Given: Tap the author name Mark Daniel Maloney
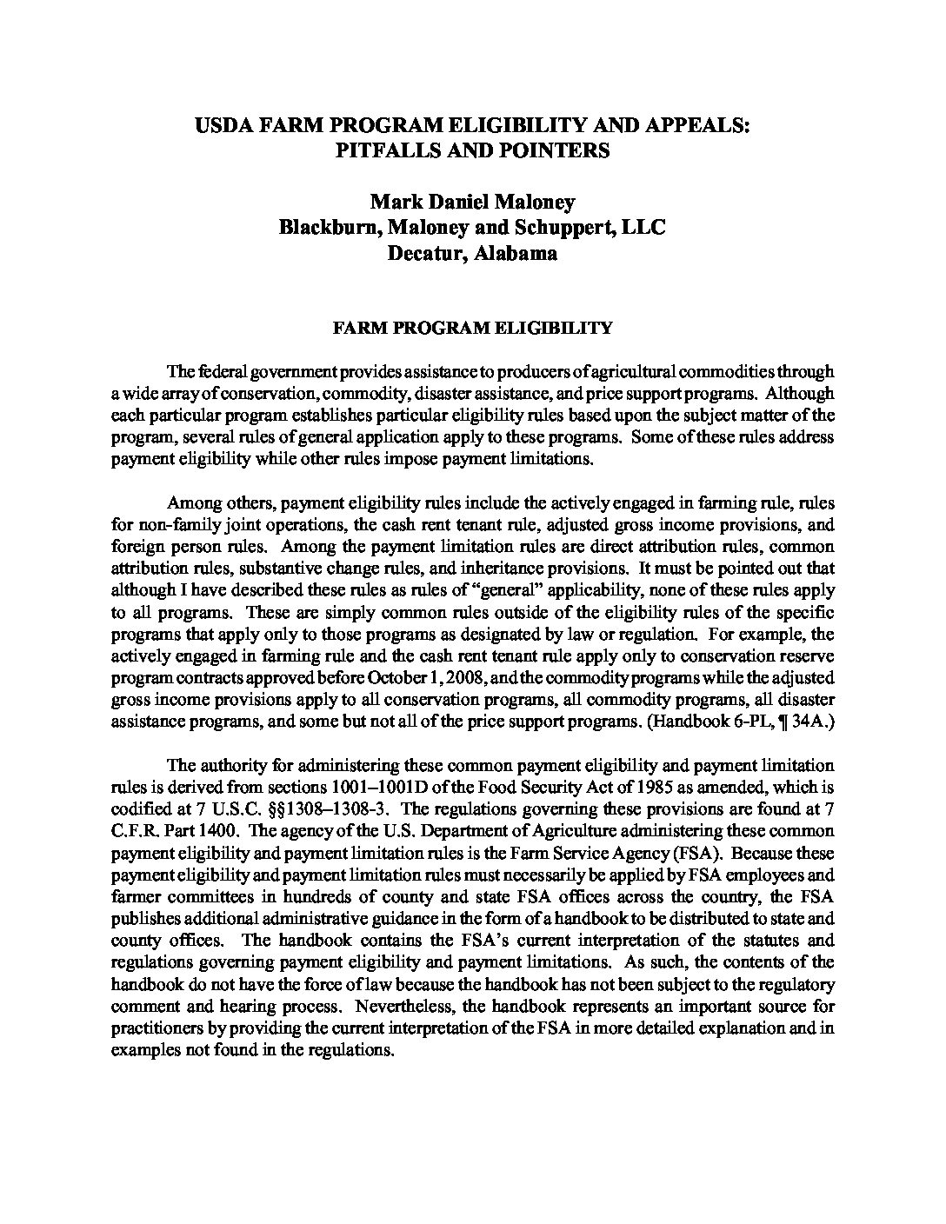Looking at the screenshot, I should click(x=472, y=203).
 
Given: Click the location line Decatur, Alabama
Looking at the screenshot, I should click(x=472, y=254).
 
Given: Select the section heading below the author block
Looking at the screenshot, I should click(x=472, y=329).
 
